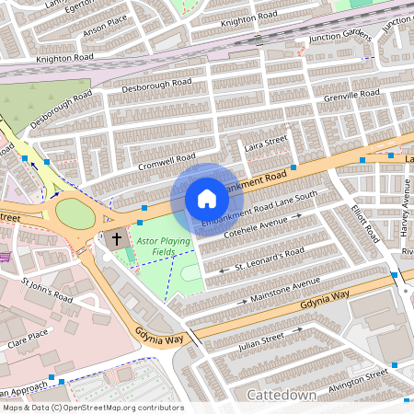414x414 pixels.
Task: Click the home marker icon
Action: tap(207, 198)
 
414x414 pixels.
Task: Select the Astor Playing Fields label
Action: tap(156, 246)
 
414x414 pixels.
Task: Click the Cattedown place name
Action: tap(282, 395)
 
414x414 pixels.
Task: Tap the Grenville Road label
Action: tap(351, 96)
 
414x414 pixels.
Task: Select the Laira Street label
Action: tap(265, 144)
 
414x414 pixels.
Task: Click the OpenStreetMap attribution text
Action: tap(92, 408)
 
